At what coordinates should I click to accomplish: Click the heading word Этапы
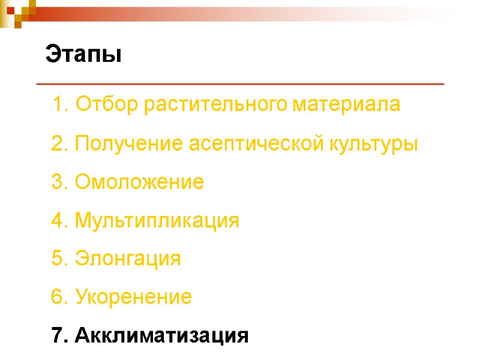(x=83, y=55)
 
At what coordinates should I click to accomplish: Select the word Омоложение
(x=139, y=182)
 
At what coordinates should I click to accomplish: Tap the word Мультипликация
(x=157, y=221)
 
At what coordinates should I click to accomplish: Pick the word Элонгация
(x=128, y=259)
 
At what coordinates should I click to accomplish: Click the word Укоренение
(x=134, y=297)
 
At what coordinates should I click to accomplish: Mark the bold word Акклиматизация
(x=161, y=335)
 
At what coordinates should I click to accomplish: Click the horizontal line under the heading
(x=240, y=84)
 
